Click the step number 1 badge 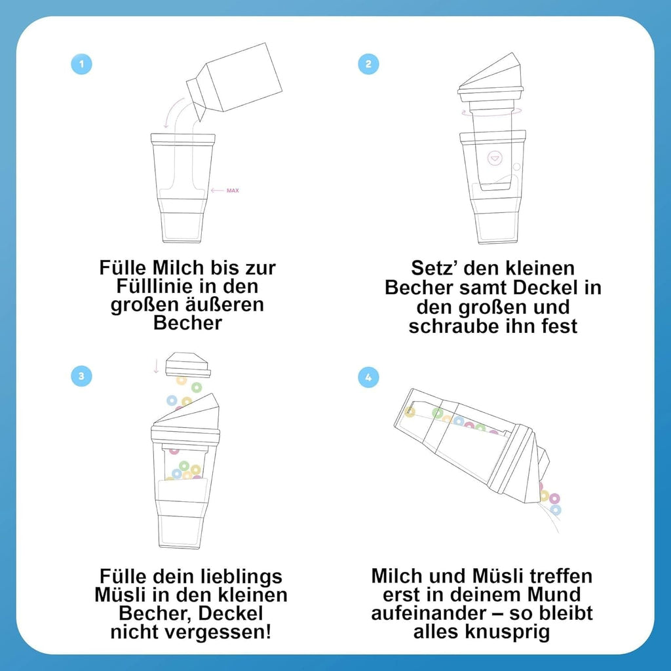[81, 64]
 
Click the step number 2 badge [368, 64]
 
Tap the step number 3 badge [81, 376]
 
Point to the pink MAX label [233, 191]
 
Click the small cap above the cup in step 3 [188, 364]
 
